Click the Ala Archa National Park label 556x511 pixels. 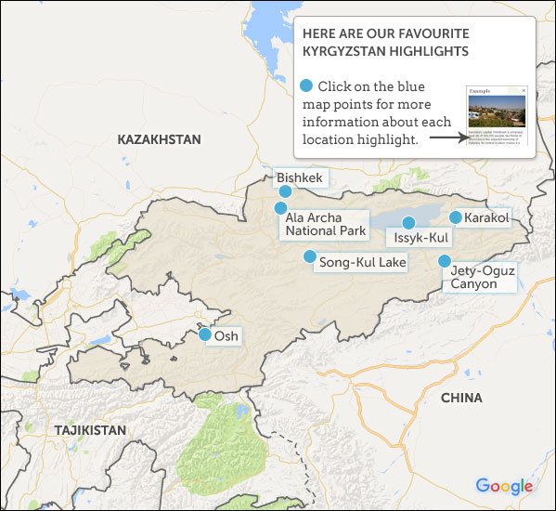[325, 224]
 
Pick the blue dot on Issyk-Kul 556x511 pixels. [407, 222]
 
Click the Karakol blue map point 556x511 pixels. [455, 217]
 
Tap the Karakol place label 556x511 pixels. [487, 217]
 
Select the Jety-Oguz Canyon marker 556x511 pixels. [445, 261]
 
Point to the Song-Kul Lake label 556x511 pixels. [362, 263]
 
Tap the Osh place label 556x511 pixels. [227, 336]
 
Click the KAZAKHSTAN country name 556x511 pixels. [159, 139]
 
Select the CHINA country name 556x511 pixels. [461, 398]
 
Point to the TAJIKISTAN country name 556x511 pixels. [89, 430]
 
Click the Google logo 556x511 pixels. [504, 486]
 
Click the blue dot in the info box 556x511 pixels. [306, 86]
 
